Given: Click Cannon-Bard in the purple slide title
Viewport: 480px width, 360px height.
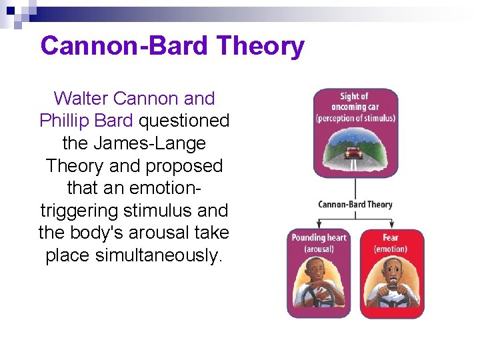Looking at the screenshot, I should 124,47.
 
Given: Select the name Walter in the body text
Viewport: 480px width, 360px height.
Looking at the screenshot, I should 81,99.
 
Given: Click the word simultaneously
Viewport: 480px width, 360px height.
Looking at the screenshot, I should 133,255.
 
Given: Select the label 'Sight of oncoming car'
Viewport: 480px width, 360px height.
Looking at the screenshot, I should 355,101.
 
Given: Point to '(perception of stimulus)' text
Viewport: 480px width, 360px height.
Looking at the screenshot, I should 355,119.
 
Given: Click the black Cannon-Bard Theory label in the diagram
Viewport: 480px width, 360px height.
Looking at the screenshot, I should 355,204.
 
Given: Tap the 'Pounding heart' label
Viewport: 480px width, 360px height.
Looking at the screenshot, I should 319,238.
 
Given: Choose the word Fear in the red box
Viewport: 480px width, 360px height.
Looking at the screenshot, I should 391,238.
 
